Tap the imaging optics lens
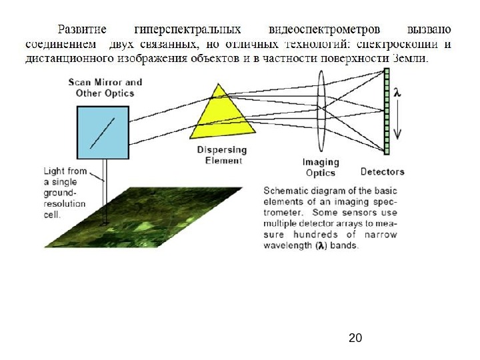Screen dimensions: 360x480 (x=321, y=107)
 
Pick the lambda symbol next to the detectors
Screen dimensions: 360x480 (x=397, y=93)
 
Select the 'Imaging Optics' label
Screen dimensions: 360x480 (x=321, y=167)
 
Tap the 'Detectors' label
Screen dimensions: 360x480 (x=382, y=172)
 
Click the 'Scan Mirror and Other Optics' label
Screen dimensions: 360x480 (x=105, y=87)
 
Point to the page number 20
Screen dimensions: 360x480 (x=355, y=339)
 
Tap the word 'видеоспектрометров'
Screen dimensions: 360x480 (x=324, y=29)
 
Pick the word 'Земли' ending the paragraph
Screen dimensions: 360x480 (x=411, y=58)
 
